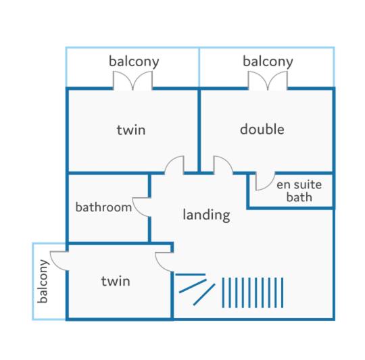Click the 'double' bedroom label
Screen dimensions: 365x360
click(x=262, y=129)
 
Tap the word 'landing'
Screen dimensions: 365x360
click(x=206, y=215)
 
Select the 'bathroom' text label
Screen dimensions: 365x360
click(x=103, y=207)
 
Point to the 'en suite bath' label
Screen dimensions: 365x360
click(x=299, y=190)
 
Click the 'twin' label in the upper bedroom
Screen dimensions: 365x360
click(x=131, y=130)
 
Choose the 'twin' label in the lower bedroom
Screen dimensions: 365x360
click(x=116, y=281)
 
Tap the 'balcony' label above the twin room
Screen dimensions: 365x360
click(x=134, y=61)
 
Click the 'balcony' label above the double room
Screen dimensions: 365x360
click(x=268, y=61)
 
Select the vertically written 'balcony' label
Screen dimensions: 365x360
click(x=43, y=282)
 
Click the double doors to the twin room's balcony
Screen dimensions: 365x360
click(x=133, y=80)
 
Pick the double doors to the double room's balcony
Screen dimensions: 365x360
click(x=268, y=80)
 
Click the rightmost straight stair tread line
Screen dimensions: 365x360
click(x=283, y=292)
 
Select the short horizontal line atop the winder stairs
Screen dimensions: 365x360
click(x=191, y=275)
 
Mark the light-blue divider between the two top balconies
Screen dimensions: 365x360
click(x=199, y=68)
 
